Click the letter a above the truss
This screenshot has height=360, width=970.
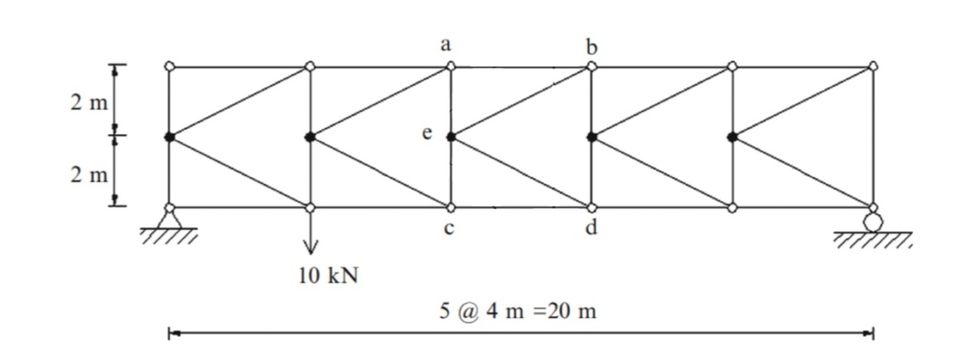pyautogui.click(x=446, y=46)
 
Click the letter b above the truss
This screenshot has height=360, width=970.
pyautogui.click(x=593, y=47)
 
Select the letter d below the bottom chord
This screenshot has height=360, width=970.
pyautogui.click(x=592, y=229)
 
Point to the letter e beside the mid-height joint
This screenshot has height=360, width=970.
pyautogui.click(x=428, y=134)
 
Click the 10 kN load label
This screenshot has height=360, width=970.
pyautogui.click(x=327, y=276)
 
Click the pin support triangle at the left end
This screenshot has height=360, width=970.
pyautogui.click(x=169, y=219)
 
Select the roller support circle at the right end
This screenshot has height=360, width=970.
pyautogui.click(x=873, y=221)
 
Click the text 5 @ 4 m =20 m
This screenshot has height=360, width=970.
pyautogui.click(x=517, y=312)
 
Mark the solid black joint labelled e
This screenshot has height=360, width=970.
pyautogui.click(x=451, y=137)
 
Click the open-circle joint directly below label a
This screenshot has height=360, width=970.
pyautogui.click(x=451, y=66)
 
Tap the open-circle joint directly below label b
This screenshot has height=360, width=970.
pyautogui.click(x=592, y=66)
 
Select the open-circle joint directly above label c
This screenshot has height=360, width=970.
pyautogui.click(x=451, y=208)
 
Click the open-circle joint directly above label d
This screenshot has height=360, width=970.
pyautogui.click(x=592, y=208)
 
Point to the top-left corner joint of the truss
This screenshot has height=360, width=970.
pyautogui.click(x=169, y=66)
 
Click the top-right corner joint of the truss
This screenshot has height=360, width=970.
pyautogui.click(x=873, y=66)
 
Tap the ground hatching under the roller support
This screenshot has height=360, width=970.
pyautogui.click(x=873, y=239)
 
